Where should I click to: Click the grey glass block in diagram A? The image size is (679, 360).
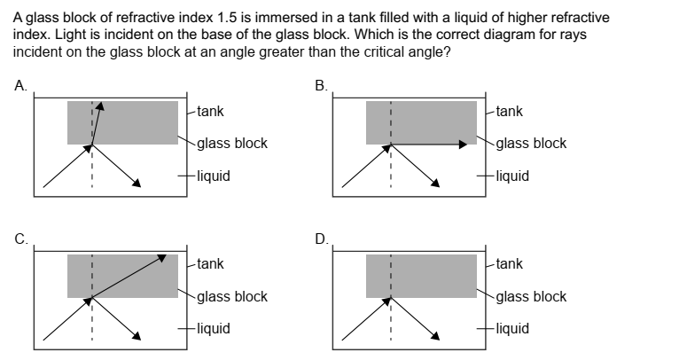tap(142, 122)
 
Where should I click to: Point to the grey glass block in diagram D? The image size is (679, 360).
tap(434, 275)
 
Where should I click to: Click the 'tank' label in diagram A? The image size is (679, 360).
tap(210, 112)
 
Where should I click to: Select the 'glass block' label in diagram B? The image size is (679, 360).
tap(531, 144)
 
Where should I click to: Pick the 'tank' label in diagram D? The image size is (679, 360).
tap(509, 263)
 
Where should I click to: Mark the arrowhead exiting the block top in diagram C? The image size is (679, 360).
tap(163, 257)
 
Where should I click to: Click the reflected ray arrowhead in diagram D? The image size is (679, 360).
tap(436, 336)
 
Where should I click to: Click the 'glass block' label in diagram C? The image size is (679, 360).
tap(231, 296)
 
